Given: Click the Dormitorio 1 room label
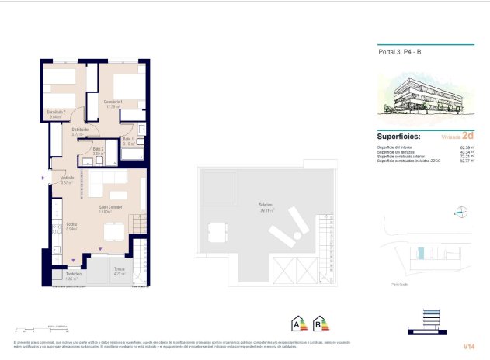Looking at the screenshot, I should click(113, 102).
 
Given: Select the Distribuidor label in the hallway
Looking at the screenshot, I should click(80, 130).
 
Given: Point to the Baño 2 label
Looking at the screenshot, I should click(98, 150).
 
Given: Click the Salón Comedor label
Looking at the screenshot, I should click(109, 208).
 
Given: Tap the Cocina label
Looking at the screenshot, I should click(71, 225).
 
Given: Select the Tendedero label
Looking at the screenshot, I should click(73, 275).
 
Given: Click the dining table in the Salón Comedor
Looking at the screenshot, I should click(114, 230).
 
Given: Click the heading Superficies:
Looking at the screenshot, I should click(399, 134).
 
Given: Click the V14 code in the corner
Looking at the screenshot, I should click(469, 346).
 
